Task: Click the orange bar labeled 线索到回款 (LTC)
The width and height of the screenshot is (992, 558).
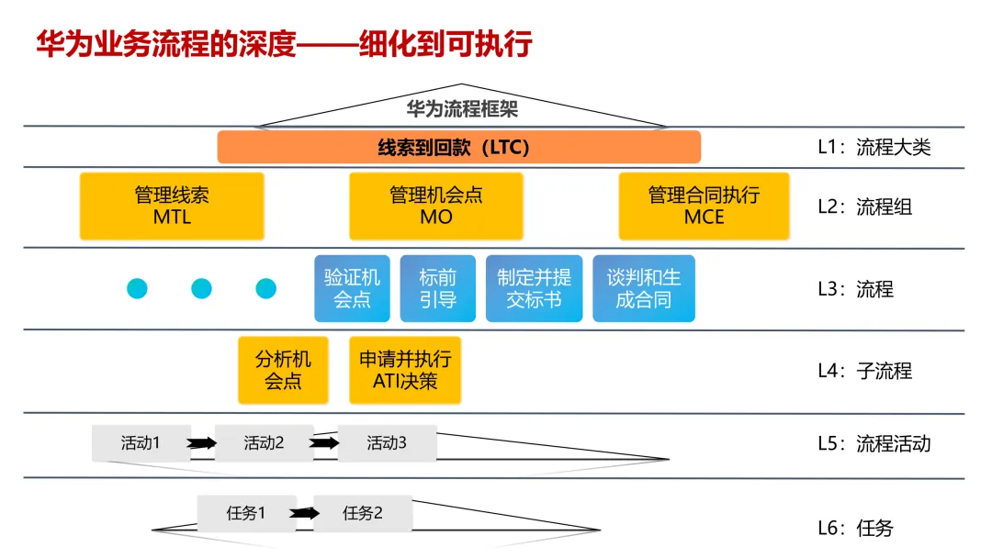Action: pyautogui.click(x=458, y=147)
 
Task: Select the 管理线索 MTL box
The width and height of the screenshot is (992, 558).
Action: pyautogui.click(x=172, y=206)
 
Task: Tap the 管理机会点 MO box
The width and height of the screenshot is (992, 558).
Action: pyautogui.click(x=436, y=206)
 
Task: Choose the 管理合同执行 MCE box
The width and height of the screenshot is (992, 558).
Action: pyautogui.click(x=704, y=206)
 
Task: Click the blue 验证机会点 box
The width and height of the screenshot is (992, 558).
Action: pyautogui.click(x=352, y=288)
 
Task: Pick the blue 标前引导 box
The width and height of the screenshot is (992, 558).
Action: pyautogui.click(x=437, y=288)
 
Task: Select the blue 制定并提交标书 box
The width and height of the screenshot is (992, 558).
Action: pyautogui.click(x=534, y=288)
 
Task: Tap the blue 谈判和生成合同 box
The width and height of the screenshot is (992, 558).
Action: pyautogui.click(x=643, y=288)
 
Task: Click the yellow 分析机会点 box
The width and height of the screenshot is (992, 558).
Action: pyautogui.click(x=283, y=370)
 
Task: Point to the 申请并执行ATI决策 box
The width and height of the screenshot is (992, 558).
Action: pyautogui.click(x=405, y=370)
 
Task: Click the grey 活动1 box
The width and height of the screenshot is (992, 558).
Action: pyautogui.click(x=141, y=443)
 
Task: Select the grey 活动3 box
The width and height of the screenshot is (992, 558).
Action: pyautogui.click(x=387, y=443)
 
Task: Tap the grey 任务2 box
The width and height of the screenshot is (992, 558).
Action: pyautogui.click(x=363, y=513)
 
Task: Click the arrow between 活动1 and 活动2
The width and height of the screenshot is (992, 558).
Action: pyautogui.click(x=202, y=443)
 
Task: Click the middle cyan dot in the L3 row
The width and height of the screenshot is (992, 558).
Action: pyautogui.click(x=201, y=289)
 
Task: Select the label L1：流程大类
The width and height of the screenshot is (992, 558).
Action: pyautogui.click(x=874, y=147)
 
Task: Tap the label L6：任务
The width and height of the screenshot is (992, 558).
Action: pyautogui.click(x=854, y=528)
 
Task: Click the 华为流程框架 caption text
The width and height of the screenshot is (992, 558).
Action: pyautogui.click(x=462, y=109)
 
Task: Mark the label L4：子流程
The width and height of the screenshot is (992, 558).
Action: pyautogui.click(x=864, y=371)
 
